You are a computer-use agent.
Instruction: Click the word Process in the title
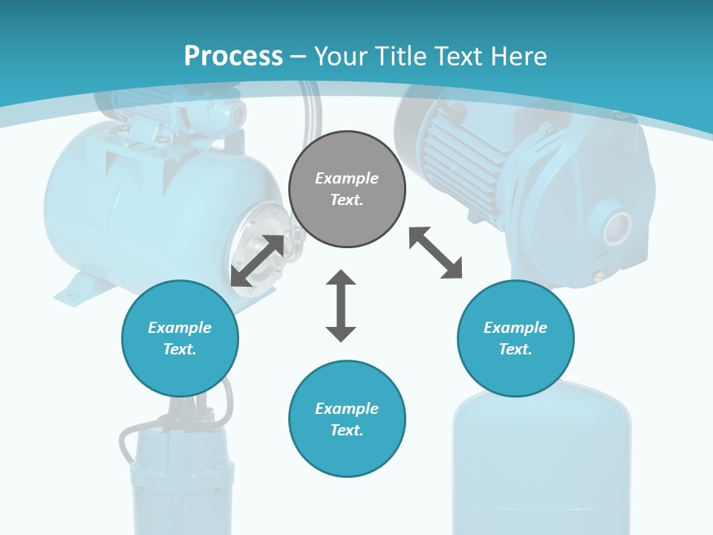coord(233,56)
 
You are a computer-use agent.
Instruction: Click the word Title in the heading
coord(405,56)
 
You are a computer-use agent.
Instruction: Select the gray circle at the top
coord(347,189)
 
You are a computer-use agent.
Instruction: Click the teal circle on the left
coord(180,338)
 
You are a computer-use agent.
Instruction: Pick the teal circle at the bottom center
coord(347,418)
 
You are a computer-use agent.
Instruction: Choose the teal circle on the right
coord(515,338)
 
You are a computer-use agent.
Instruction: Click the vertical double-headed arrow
coord(341,305)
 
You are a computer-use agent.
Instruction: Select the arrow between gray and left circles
coord(258,261)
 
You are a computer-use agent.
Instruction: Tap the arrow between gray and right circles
coord(436,253)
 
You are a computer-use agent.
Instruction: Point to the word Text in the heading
coord(465,56)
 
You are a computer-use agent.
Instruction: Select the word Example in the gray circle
coord(347,178)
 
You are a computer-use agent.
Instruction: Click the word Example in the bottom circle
coord(347,409)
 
